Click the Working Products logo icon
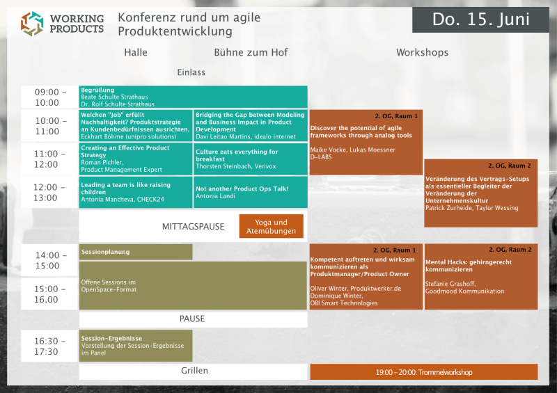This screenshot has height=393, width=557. pos(32,23)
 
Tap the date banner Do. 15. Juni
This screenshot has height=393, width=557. pos(480,19)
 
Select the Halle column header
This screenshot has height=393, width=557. pos(136,52)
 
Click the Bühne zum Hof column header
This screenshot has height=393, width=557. pos(251,52)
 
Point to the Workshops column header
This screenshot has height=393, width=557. pos(422,52)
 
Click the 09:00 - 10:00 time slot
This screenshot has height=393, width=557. pos(50,97)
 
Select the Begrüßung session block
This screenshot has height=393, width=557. pos(193,97)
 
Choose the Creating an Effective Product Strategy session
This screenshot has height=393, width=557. pos(136,159)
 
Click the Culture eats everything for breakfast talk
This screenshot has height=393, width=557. pos(250,159)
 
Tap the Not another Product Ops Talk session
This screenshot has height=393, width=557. pos(250,192)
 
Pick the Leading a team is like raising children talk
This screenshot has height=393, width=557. pos(136,192)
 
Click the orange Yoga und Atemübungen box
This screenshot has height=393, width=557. pos(271,226)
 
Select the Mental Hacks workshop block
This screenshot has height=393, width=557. pos(481,277)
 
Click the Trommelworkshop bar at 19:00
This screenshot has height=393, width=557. pos(423,372)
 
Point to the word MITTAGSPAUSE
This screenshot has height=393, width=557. pos(193,227)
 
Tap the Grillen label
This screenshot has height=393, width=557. pos(193,371)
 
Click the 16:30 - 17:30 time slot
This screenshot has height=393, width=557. pos(50,346)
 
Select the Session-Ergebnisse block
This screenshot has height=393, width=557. pos(136,346)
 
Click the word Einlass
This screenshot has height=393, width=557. pos(191,72)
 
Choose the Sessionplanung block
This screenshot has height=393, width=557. pos(136,252)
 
